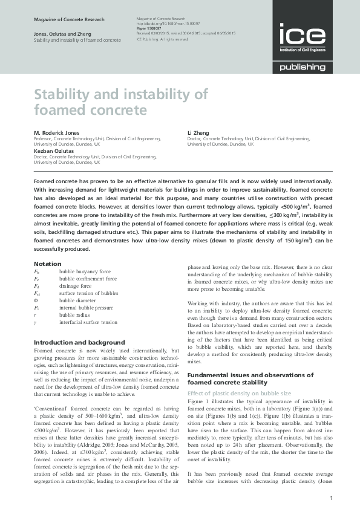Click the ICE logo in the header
pos(301,37)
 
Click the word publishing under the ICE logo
pos(303,67)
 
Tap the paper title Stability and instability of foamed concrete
pos(120,102)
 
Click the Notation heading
pos(47,264)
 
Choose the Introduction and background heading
pos(79,343)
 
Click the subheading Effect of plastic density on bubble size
pos(239,393)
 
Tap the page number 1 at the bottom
pos(332,498)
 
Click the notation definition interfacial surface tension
pos(88,322)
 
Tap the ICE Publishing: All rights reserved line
pos(163,39)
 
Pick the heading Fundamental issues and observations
pos(250,375)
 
